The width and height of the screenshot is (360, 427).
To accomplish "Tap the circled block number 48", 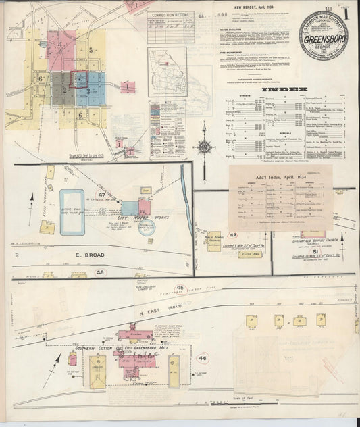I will point(101,273).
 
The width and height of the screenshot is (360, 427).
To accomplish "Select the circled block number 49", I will point(233,234).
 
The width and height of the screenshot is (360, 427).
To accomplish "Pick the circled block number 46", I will point(203,358).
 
